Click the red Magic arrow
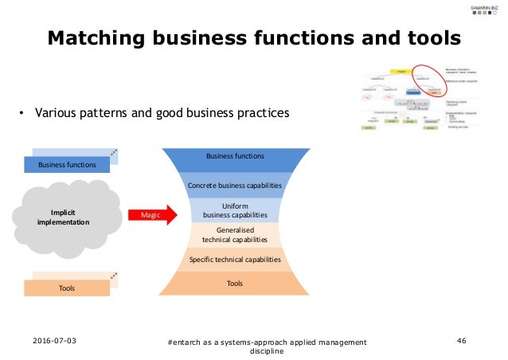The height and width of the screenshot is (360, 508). coord(150,215)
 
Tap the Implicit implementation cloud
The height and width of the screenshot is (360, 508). coord(57,217)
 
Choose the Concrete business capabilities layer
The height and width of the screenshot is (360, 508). coord(235,185)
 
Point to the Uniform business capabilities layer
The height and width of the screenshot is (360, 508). coord(235,209)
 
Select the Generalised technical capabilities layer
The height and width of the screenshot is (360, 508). coord(235,234)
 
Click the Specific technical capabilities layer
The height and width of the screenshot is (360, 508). coord(235,260)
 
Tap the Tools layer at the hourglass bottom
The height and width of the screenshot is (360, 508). coord(235,284)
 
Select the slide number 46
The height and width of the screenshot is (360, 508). coord(462,341)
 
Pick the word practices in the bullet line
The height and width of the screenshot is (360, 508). coord(259,112)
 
